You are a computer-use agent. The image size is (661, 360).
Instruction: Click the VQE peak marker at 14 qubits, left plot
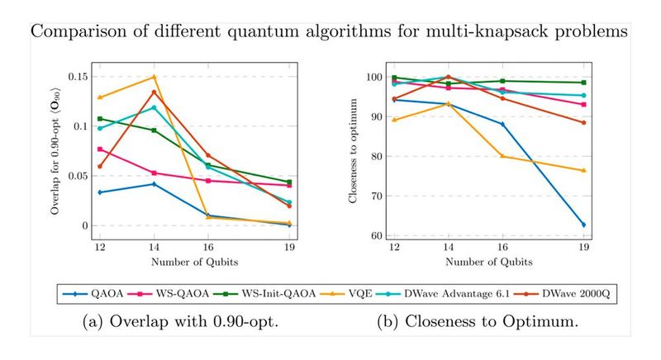[154, 77]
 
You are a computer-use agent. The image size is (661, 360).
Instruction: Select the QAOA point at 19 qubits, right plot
[583, 225]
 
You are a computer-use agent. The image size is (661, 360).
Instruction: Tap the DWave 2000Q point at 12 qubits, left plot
[100, 166]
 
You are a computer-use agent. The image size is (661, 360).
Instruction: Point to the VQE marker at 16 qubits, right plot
[502, 156]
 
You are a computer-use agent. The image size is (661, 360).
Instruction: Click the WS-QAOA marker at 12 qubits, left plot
[100, 149]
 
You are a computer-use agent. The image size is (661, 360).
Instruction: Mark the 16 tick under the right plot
[502, 249]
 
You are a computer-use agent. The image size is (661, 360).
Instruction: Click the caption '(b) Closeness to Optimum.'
[479, 320]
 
